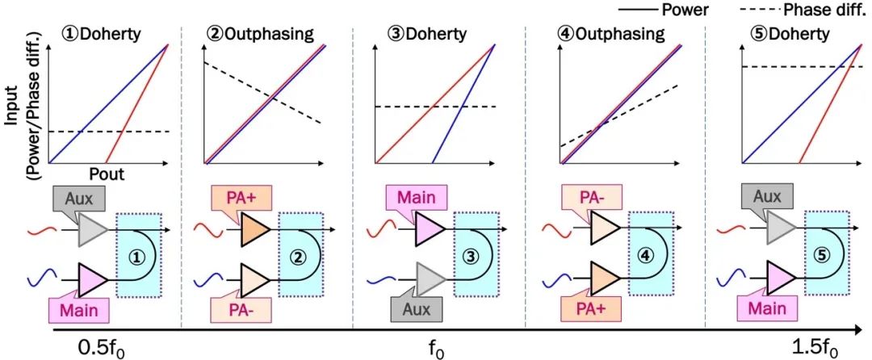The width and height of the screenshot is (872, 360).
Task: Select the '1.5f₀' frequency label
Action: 815,350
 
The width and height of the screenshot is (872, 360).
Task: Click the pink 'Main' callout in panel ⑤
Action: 765,308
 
